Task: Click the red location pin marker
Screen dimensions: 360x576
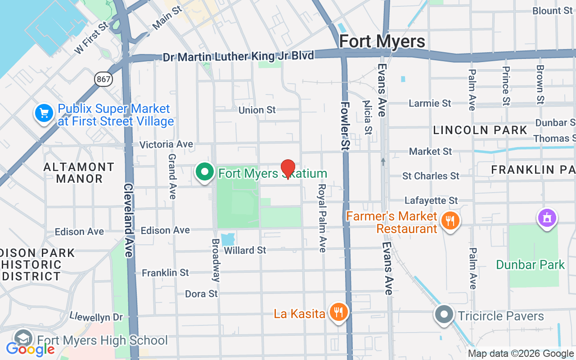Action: (288, 169)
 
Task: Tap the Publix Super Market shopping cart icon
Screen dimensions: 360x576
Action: (44, 113)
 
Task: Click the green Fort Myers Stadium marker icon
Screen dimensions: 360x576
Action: (205, 172)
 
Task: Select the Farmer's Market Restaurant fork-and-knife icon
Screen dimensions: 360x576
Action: (450, 221)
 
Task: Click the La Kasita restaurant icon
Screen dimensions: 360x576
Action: (338, 312)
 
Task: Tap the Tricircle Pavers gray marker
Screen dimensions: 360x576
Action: (444, 315)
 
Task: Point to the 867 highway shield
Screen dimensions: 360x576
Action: (103, 79)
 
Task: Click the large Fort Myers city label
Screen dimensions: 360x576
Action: (382, 41)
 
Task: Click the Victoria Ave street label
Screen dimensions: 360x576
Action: (166, 144)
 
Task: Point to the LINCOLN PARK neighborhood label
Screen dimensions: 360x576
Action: (480, 130)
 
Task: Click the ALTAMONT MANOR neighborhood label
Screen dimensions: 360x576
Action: (79, 173)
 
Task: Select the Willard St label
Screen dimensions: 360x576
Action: (245, 250)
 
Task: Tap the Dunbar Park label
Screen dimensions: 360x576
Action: (530, 265)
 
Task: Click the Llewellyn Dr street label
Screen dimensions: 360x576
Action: (96, 317)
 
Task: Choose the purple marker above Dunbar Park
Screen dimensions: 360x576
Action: (547, 218)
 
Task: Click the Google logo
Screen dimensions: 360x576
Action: (30, 349)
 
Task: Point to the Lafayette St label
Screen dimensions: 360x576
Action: (431, 200)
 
